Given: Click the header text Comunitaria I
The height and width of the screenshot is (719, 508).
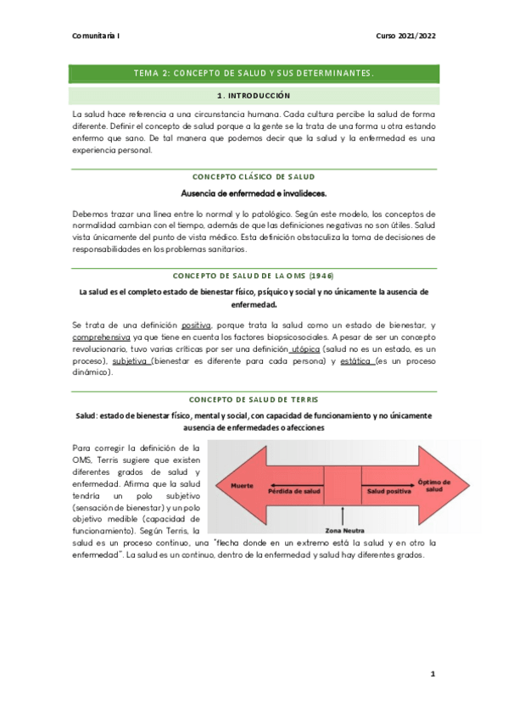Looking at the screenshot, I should click(x=97, y=36).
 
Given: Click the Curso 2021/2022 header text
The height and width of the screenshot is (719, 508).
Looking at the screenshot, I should click(x=405, y=36).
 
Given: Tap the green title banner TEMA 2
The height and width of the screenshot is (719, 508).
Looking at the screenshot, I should click(x=254, y=74).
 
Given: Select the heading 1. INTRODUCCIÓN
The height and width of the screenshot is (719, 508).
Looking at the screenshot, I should click(x=254, y=96).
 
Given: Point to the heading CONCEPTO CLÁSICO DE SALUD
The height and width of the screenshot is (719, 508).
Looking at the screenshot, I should click(x=254, y=176).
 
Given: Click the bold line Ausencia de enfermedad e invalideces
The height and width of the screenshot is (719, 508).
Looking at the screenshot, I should click(x=254, y=193).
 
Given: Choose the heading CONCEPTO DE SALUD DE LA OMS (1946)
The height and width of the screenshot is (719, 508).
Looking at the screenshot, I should click(x=254, y=276).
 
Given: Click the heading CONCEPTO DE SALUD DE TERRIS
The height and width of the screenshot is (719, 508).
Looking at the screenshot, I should click(x=254, y=399).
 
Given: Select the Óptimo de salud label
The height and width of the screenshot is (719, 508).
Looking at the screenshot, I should click(x=434, y=485).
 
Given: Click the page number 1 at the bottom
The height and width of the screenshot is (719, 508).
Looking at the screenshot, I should click(x=432, y=674).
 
